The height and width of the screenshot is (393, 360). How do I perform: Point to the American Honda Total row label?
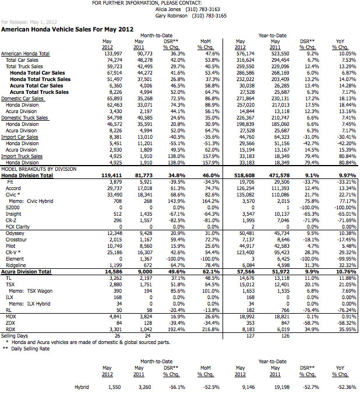[25, 54]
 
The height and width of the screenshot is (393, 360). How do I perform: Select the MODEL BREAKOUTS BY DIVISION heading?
[40, 169]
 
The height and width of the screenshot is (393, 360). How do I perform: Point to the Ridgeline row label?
[16, 265]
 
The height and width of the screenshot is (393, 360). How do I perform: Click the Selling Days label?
[16, 336]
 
